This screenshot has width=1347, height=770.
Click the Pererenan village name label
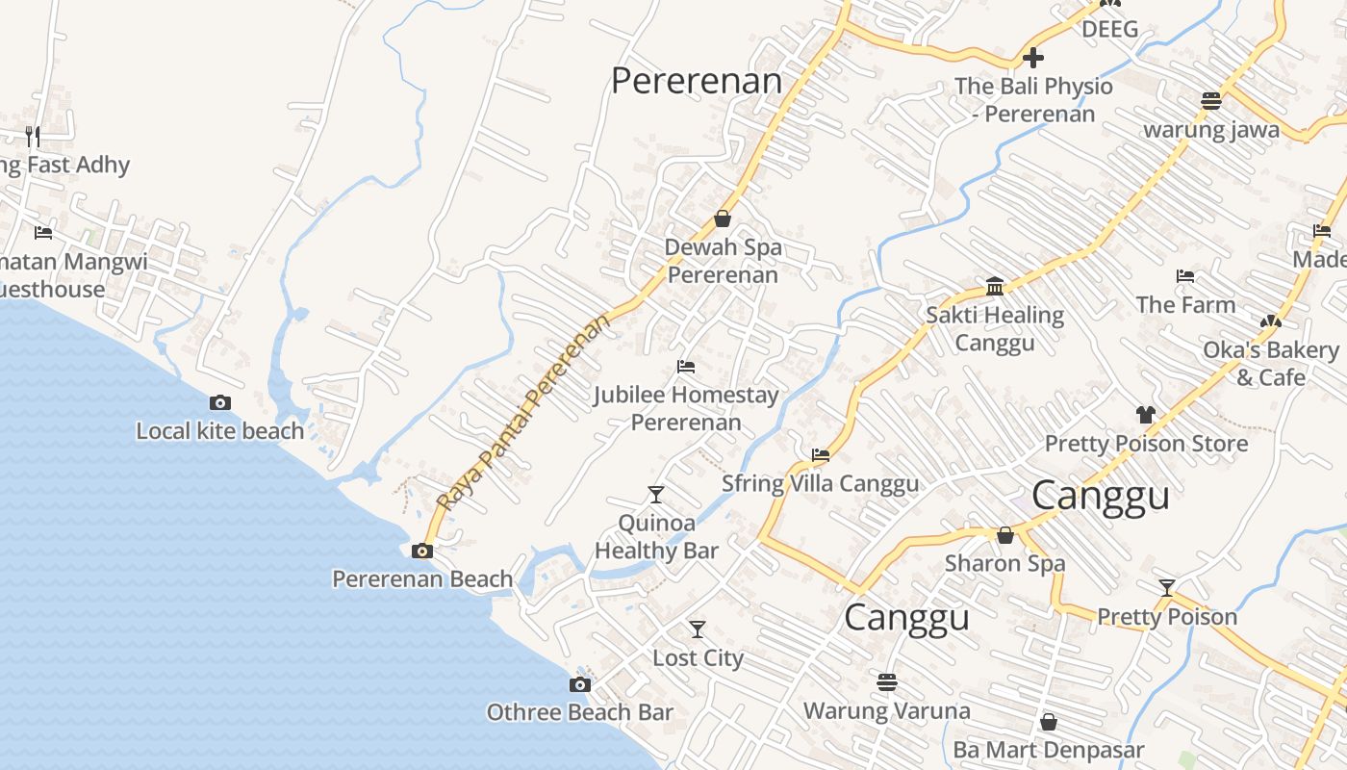coord(697,81)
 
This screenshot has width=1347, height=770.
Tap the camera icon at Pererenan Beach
coord(421,552)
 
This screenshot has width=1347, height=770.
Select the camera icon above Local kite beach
coord(220,403)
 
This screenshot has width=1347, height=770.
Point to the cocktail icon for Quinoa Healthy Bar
coord(656,495)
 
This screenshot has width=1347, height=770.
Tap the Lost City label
coord(698,658)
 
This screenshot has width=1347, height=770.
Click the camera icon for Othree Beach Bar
coord(579,685)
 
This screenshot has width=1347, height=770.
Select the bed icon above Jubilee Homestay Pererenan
coord(686,367)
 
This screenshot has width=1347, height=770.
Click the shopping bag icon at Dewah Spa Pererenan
coord(723,219)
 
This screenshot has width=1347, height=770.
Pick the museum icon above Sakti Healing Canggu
coord(995,287)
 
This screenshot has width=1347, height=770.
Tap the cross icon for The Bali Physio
coord(1033,58)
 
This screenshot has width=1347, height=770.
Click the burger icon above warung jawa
coord(1211,101)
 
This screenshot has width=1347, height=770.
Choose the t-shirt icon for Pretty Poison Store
coord(1145,415)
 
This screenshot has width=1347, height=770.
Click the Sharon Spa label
coord(1004,563)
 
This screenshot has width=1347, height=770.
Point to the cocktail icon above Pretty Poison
coord(1167,588)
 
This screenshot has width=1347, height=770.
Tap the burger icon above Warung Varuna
coord(887,682)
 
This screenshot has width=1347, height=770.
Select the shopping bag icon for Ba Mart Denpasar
coord(1049,722)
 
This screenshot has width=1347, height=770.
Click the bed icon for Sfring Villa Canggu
coord(821,455)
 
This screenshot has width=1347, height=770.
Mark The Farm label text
coord(1185,305)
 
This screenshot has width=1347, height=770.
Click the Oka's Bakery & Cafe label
coord(1270,363)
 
